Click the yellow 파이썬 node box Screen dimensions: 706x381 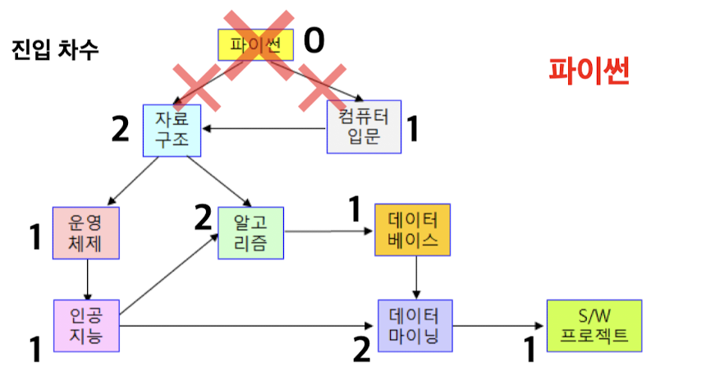[x=255, y=44]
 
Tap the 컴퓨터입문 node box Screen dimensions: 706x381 [x=364, y=126]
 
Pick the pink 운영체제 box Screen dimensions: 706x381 [x=85, y=232]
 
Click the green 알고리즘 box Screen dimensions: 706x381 [x=250, y=232]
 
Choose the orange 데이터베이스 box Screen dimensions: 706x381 [x=413, y=230]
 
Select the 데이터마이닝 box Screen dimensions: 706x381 [x=415, y=326]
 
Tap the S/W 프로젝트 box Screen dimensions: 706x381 [x=594, y=326]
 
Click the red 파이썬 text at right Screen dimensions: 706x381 [x=589, y=74]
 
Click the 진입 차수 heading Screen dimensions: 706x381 [x=56, y=48]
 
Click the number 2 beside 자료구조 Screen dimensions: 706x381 [x=121, y=129]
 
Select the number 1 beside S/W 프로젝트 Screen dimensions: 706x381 [x=529, y=351]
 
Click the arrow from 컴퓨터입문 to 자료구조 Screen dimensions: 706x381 [x=263, y=128]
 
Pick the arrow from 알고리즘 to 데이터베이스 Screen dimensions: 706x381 [x=328, y=232]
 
